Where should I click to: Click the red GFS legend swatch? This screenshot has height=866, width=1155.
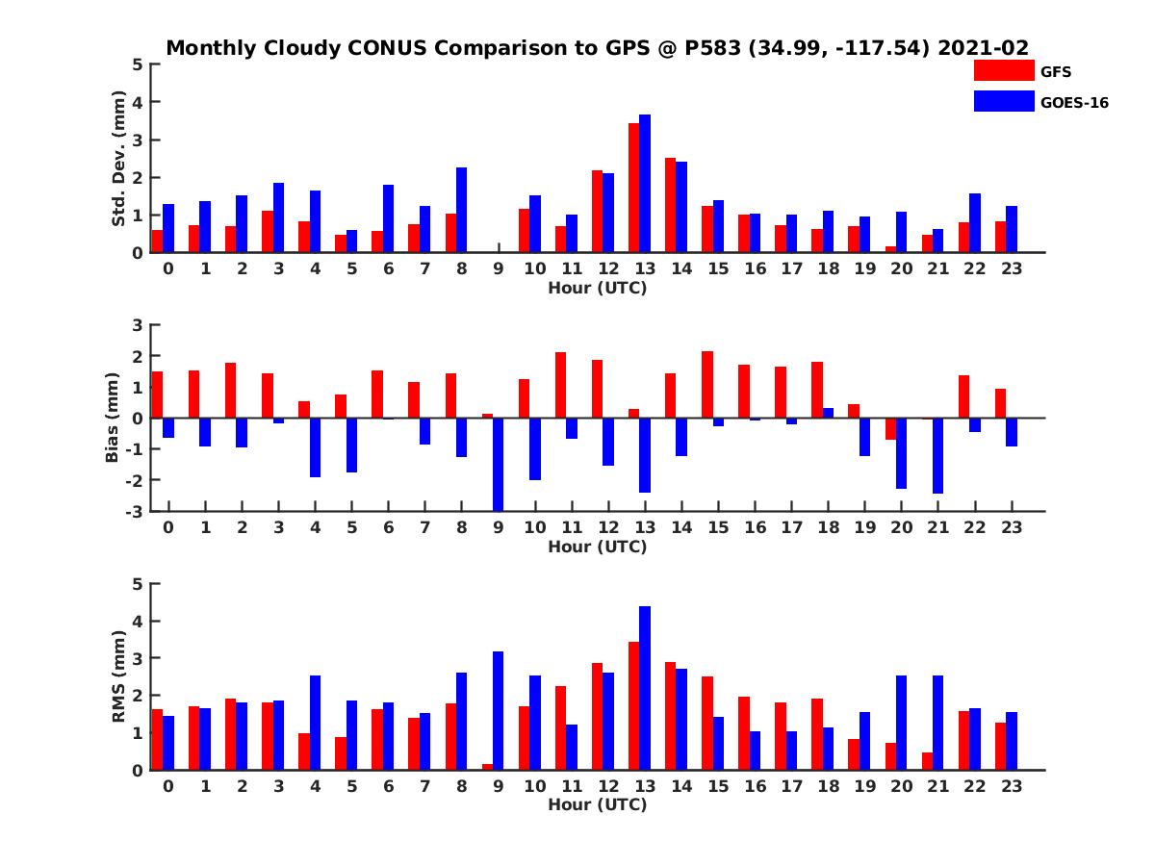click(x=1003, y=70)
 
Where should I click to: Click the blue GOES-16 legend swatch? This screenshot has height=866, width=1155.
click(x=1003, y=101)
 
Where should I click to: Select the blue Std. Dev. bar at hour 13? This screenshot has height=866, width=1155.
click(x=645, y=184)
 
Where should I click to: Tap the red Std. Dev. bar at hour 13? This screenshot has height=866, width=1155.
click(x=634, y=188)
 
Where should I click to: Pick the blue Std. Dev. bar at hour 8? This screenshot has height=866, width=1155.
click(x=462, y=210)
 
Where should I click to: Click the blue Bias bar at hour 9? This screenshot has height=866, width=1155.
click(x=499, y=464)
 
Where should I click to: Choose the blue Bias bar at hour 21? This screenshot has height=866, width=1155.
click(x=938, y=456)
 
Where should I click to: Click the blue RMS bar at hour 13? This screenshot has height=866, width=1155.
click(x=645, y=688)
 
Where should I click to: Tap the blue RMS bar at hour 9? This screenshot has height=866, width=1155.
click(x=499, y=711)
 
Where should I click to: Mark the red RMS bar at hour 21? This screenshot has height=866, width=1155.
click(x=928, y=761)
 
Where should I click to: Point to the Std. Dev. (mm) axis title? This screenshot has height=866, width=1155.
click(x=119, y=158)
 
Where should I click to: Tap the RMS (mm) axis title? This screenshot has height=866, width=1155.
click(x=119, y=676)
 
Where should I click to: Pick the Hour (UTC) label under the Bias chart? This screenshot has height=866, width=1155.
click(x=597, y=547)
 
